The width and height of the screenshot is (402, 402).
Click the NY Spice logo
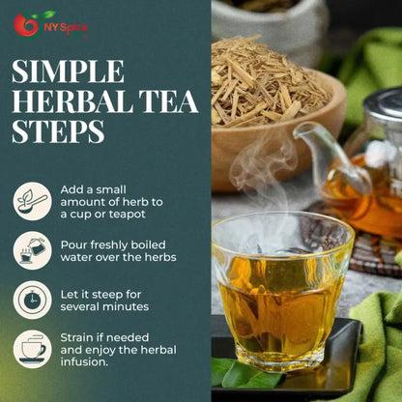pos(50,25)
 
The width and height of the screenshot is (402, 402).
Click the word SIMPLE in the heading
pos(68,72)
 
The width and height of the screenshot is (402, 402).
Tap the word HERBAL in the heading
pos(72,101)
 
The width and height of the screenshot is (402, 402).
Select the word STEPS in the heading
pos(58,131)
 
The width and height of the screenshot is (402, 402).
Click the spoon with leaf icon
pos(32,201)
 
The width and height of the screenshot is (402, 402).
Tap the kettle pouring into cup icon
pos(32,250)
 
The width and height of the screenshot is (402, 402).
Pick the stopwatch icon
pos(32,300)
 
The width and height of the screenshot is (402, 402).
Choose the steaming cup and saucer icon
pos(32,349)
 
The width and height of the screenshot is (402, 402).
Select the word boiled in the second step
pos(149,244)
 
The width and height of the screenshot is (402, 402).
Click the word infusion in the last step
pos(84,361)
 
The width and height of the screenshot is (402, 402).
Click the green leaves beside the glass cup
pos(244,373)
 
